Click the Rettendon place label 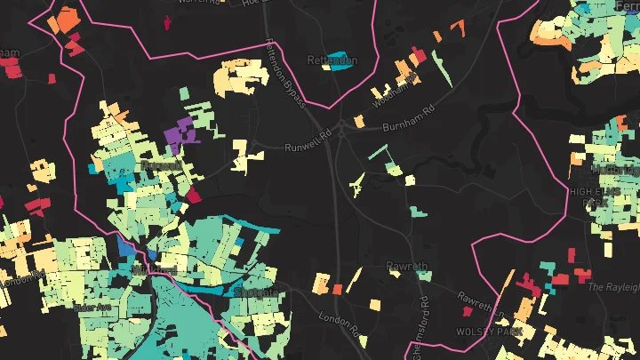click(x=332, y=60)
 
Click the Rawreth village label click(x=407, y=266)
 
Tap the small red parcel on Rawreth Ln click(x=466, y=314)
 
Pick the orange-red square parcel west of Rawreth click(x=337, y=289)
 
